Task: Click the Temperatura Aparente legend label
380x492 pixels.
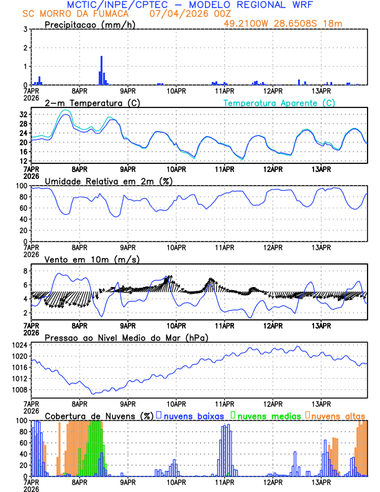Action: (279, 102)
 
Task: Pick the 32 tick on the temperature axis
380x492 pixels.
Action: (22, 115)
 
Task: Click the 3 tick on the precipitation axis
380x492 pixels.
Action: (25, 29)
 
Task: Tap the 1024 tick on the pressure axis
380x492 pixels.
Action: (19, 345)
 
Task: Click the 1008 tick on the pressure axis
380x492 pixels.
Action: (19, 390)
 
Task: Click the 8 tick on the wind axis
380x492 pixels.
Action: (25, 271)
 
